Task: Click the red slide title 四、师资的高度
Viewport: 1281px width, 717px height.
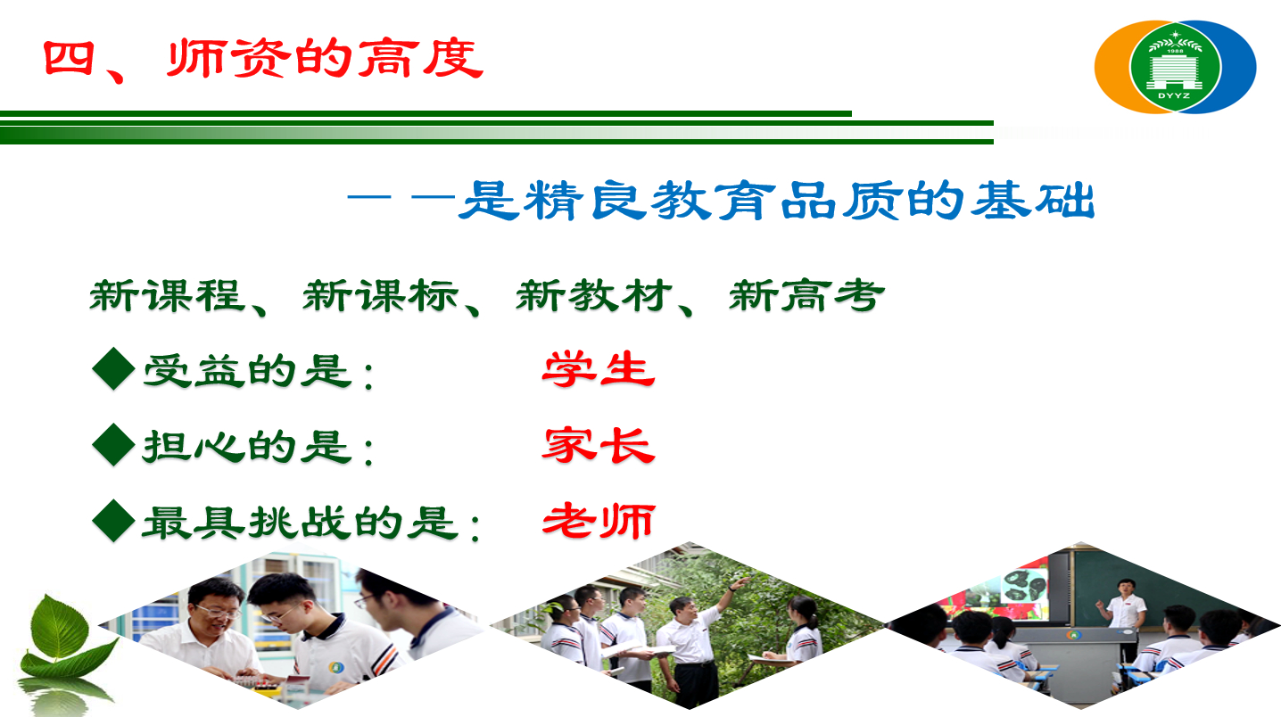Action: tap(263, 60)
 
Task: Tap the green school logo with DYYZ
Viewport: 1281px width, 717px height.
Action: tap(1175, 66)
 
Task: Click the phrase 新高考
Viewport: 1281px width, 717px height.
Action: tap(807, 295)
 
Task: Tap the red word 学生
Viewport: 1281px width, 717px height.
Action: tap(599, 369)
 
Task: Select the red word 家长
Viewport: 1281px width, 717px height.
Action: tap(599, 445)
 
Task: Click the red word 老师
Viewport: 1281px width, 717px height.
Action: tap(599, 521)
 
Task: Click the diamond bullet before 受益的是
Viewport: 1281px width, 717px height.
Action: tap(114, 369)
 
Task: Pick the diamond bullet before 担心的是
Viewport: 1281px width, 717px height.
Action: tap(114, 445)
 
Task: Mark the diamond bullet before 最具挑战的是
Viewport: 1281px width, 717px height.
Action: tap(114, 521)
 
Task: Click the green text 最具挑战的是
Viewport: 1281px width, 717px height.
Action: tap(301, 523)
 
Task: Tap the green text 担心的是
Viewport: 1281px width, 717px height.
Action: tap(247, 447)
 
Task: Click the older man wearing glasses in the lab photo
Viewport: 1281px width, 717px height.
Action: tap(209, 629)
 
